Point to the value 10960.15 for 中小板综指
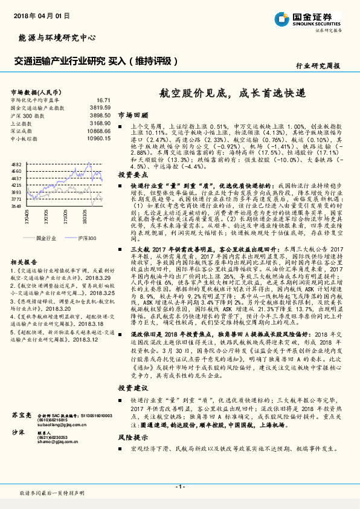98,138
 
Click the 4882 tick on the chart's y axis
16,164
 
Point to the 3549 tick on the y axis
16,206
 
